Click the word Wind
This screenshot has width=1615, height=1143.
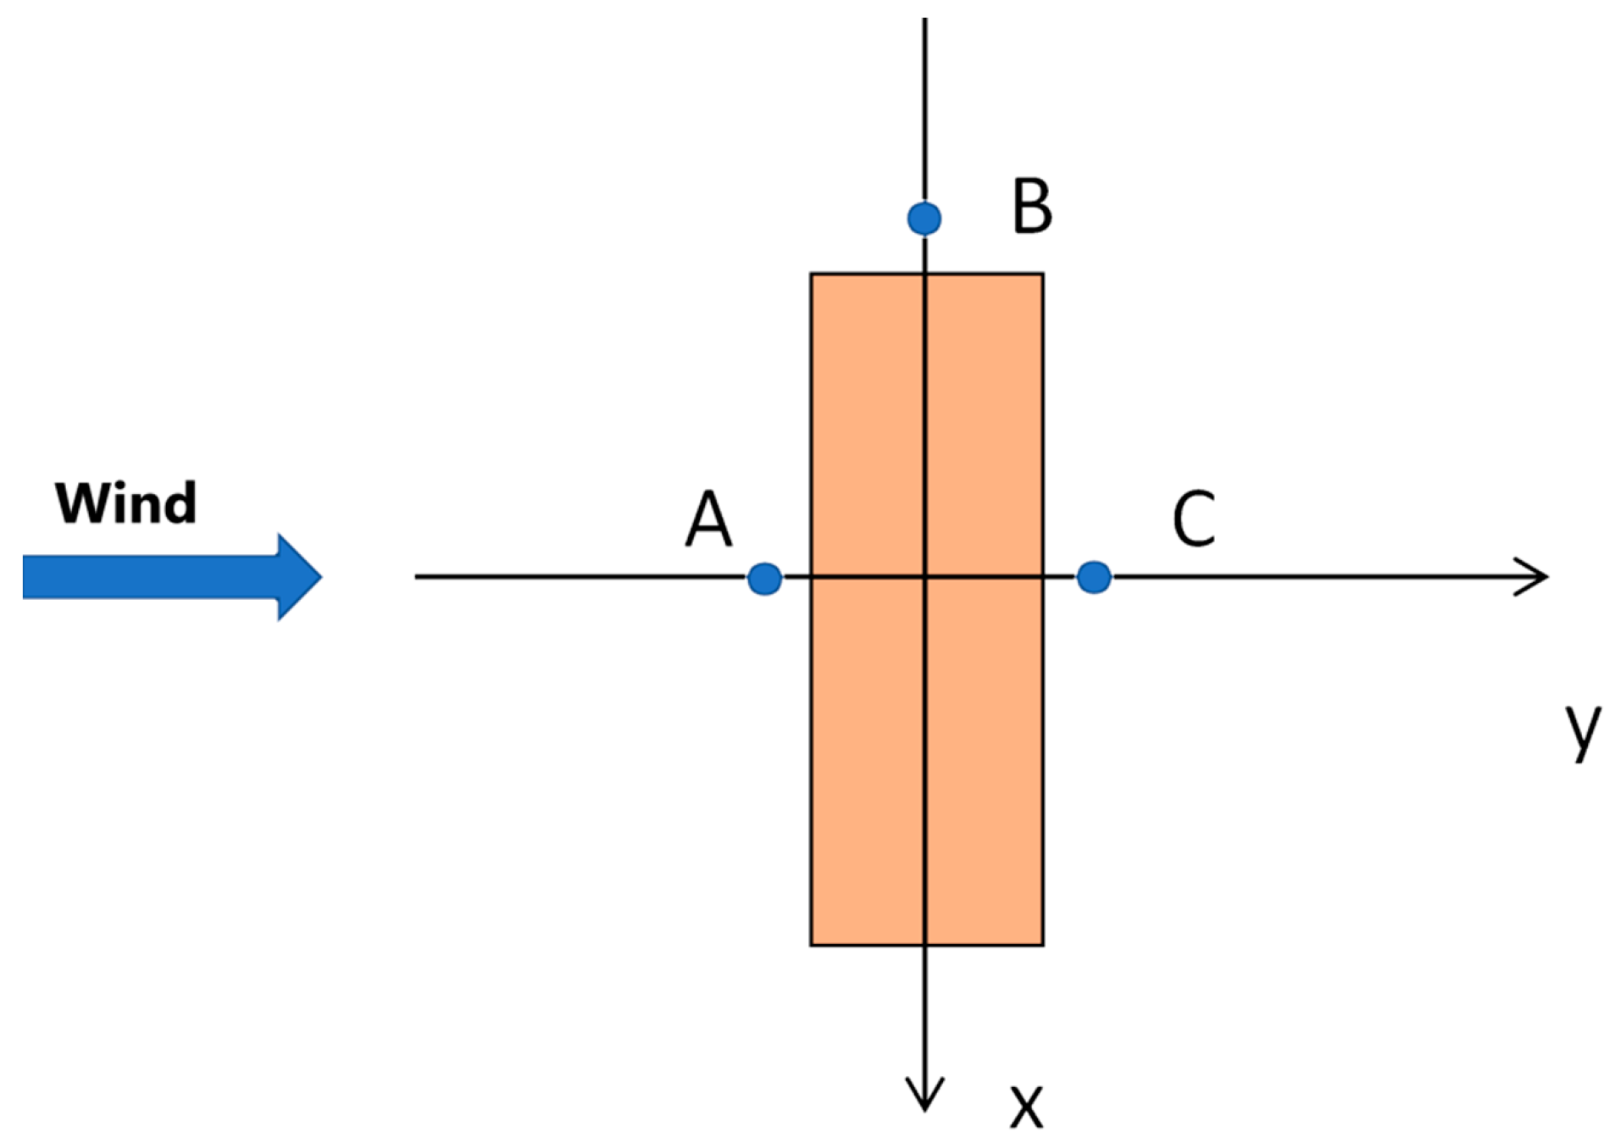125,503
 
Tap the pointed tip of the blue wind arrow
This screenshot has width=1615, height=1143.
321,577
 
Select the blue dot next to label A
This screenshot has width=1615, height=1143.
764,579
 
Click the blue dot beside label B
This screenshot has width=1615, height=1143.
924,218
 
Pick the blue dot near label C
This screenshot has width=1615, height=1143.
1093,577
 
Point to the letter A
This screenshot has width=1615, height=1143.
708,519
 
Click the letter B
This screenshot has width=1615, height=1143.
1031,206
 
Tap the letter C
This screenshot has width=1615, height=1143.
1193,519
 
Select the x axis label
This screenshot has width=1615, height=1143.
1026,1106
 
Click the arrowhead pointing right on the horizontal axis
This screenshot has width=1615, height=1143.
1546,577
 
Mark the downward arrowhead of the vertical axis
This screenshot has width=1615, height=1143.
924,1107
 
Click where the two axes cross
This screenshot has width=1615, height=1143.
924,577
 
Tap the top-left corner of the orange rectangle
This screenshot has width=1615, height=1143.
811,274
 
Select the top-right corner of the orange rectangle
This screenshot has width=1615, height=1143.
1043,274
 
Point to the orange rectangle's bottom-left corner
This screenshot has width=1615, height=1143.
811,945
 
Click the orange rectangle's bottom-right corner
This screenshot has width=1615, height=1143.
1043,945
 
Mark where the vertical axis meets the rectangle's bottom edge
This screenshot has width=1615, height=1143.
924,945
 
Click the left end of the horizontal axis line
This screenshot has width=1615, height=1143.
416,577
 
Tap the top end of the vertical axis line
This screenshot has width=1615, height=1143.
924,19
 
